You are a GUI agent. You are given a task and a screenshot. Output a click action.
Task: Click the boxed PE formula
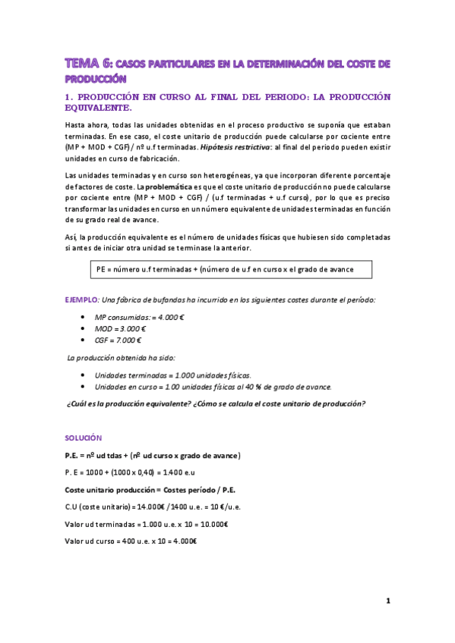(230, 268)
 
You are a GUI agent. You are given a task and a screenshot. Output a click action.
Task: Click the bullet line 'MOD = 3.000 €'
(122, 328)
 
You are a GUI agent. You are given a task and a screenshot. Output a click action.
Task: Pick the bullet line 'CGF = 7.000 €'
(121, 340)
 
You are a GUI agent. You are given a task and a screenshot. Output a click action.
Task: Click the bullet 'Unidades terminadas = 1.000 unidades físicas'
(172, 375)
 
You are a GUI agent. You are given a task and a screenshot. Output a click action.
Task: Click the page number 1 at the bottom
(387, 602)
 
